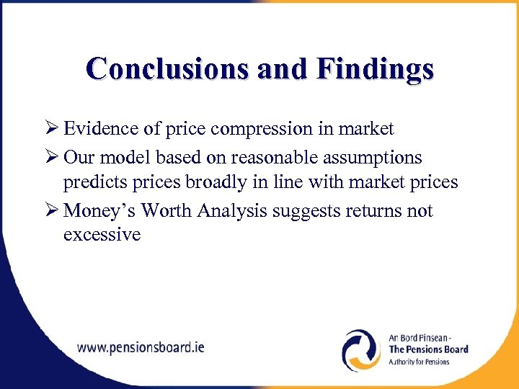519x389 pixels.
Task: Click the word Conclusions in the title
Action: (160, 69)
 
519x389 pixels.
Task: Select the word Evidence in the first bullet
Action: (98, 129)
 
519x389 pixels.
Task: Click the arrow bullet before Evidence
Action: (50, 129)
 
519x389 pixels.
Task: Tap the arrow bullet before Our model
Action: (50, 157)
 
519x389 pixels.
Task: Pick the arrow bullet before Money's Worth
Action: (50, 211)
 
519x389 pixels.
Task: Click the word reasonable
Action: (267, 157)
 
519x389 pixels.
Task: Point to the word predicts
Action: (93, 183)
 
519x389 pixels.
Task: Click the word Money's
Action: (99, 211)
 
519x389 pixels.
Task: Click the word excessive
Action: (102, 236)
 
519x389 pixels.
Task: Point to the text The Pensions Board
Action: (428, 349)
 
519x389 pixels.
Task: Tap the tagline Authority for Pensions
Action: (419, 361)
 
